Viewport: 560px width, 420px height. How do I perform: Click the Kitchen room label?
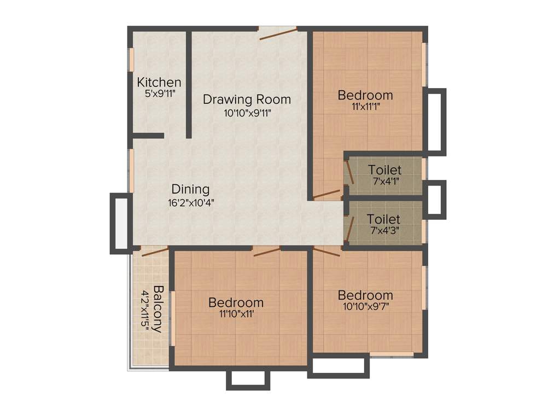(159, 83)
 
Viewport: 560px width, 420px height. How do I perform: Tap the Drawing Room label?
(247, 100)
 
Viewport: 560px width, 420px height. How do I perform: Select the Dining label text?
(190, 189)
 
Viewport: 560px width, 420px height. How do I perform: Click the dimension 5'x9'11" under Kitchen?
(159, 94)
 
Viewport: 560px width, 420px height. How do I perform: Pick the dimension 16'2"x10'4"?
(190, 202)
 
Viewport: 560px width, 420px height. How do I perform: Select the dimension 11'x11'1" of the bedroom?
(365, 107)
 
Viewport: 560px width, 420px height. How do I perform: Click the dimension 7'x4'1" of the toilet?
(384, 180)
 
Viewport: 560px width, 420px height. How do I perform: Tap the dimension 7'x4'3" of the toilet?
(383, 230)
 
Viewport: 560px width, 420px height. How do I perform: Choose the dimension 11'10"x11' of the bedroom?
(236, 314)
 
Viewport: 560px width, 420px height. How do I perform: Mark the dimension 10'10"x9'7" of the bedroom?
(365, 306)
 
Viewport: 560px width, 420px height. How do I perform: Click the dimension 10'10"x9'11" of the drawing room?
(247, 113)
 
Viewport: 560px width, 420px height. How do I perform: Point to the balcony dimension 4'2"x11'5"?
(145, 309)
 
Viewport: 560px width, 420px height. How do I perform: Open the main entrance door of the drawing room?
(278, 33)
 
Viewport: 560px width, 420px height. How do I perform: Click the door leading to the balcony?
(154, 252)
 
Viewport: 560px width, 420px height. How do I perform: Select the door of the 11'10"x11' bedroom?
(267, 251)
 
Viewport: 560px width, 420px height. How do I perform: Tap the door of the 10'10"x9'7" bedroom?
(326, 250)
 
